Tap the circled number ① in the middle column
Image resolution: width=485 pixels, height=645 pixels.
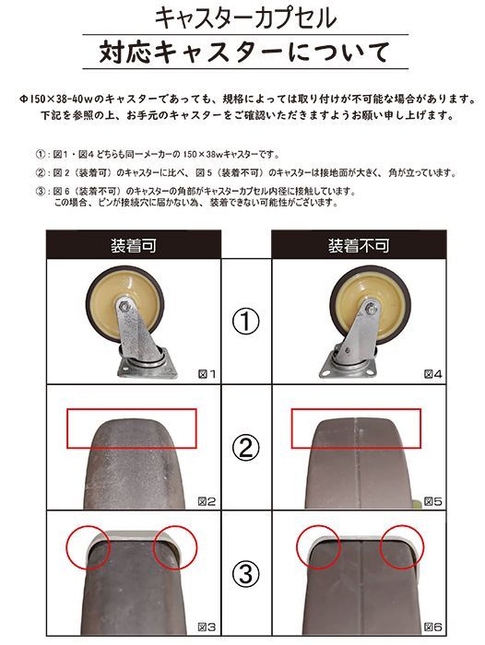pos(246,322)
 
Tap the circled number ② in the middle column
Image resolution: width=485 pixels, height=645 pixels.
pos(246,449)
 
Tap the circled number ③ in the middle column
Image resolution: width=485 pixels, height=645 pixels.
pos(246,574)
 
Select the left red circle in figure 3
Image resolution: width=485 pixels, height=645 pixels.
pos(88,546)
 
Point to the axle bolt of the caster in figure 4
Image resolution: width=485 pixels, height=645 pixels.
pos(367,311)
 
